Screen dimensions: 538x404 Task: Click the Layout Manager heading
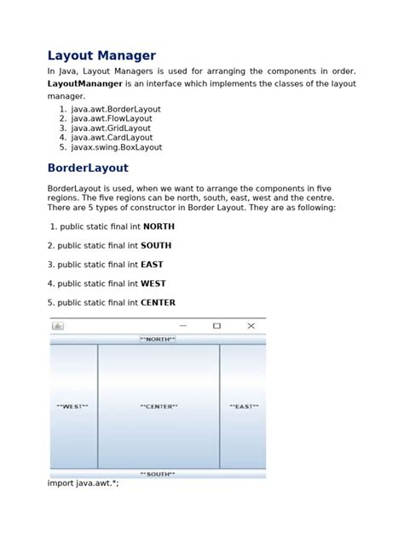(101, 56)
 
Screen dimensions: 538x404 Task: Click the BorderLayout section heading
(88, 169)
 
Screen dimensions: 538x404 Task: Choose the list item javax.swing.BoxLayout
(117, 147)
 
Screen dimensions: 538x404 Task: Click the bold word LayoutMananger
(85, 84)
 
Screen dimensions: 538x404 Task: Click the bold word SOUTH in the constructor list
(156, 245)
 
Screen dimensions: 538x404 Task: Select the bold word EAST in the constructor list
(152, 265)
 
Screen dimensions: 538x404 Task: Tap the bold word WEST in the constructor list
(153, 283)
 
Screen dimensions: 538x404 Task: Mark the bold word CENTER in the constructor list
(158, 302)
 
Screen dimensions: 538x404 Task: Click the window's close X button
(251, 326)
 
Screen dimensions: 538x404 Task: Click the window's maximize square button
(216, 326)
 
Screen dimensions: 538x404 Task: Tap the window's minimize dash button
(183, 326)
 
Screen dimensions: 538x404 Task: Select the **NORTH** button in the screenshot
(158, 339)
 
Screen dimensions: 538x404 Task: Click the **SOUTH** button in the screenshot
(158, 474)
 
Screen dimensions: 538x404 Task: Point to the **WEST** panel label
(72, 407)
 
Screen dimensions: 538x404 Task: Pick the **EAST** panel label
(243, 407)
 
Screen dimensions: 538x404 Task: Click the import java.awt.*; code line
(84, 484)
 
